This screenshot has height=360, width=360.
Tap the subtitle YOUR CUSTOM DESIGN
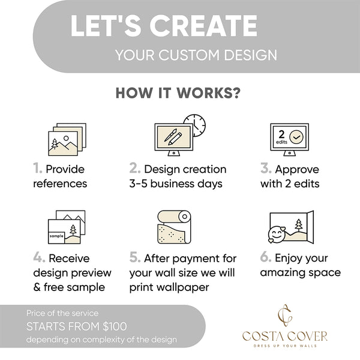click(x=196, y=55)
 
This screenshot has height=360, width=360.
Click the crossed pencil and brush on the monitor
click(x=173, y=139)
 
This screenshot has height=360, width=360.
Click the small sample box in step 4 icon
click(x=57, y=236)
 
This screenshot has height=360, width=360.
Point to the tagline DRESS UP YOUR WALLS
click(x=285, y=345)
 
